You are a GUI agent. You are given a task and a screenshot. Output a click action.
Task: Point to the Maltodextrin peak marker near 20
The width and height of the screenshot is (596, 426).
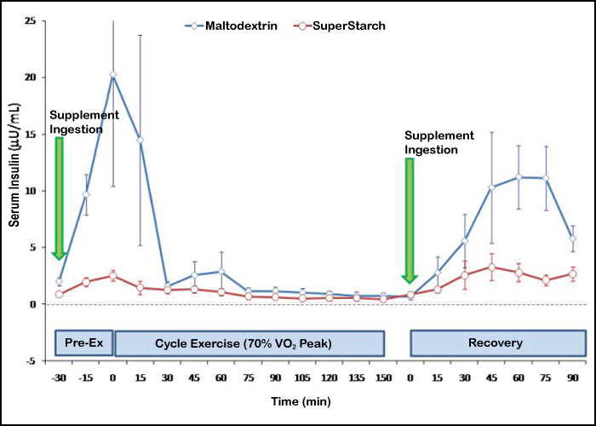click(x=112, y=75)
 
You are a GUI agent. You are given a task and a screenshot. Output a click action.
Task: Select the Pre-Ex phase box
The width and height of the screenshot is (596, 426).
click(x=83, y=343)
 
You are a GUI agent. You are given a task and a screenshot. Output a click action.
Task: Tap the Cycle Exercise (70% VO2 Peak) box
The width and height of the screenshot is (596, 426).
click(x=249, y=343)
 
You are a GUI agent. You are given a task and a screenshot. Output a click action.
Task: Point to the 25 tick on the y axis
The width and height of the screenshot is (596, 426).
click(x=30, y=20)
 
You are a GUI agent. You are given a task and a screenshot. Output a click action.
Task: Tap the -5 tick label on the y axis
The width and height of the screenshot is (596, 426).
click(x=32, y=360)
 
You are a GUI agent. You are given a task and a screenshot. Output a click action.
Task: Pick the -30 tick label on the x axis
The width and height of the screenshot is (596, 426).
click(x=58, y=377)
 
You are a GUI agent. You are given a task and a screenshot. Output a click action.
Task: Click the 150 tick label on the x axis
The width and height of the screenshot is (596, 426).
click(x=383, y=377)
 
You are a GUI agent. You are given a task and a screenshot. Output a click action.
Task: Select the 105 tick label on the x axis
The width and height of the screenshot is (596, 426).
click(x=302, y=377)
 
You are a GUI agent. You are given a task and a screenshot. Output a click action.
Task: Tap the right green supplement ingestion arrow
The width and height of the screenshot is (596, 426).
click(x=410, y=220)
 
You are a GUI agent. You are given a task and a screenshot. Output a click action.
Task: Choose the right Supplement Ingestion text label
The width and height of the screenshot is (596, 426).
click(x=439, y=142)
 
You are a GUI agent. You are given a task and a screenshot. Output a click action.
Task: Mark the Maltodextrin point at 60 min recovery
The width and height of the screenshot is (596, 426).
click(x=519, y=177)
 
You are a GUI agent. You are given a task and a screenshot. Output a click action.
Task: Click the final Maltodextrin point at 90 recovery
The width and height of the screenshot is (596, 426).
click(x=573, y=238)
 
